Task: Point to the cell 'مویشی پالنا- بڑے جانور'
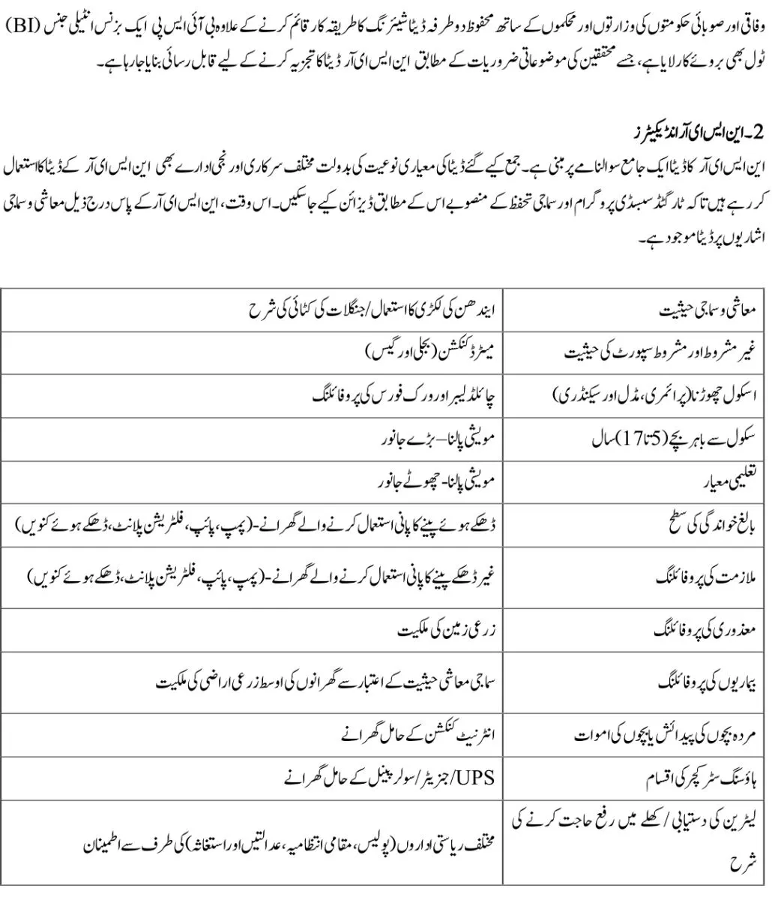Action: coord(435,439)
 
